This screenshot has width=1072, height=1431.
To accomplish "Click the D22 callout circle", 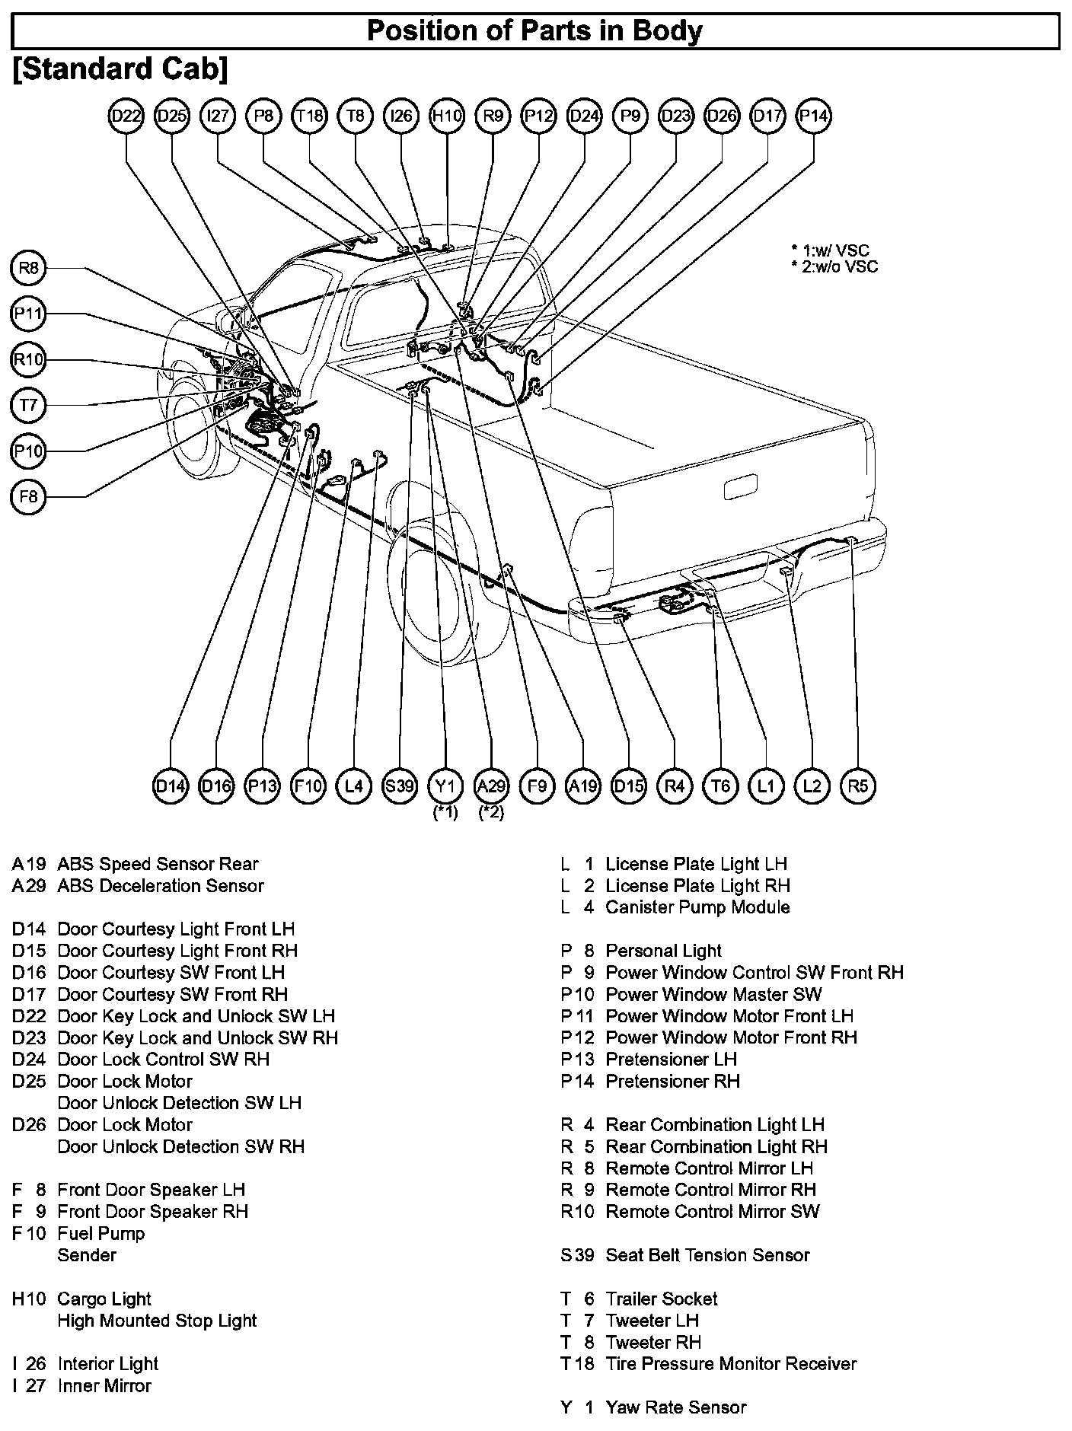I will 126,116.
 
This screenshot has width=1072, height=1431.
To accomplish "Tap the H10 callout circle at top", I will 447,116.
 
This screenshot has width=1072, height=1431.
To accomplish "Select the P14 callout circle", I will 813,116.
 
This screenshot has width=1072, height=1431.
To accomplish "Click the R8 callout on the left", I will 28,267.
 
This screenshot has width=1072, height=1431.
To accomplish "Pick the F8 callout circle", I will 28,497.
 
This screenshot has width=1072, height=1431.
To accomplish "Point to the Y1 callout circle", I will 445,785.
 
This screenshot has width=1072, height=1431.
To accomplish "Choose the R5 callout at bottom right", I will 857,785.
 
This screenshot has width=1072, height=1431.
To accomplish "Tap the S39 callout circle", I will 400,785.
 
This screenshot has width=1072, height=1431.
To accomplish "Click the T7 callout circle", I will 28,405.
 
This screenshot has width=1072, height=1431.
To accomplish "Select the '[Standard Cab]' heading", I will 120,69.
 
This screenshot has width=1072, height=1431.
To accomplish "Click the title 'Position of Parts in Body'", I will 534,31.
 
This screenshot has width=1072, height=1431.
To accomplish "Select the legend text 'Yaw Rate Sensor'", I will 675,1407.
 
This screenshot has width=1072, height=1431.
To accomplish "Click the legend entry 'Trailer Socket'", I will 661,1299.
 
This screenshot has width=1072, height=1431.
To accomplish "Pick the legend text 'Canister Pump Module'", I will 697,907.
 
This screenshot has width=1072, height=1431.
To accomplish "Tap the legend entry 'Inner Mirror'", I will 104,1385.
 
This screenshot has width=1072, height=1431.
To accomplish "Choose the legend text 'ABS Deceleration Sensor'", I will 160,885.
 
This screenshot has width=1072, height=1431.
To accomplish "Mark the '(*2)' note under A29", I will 491,812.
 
